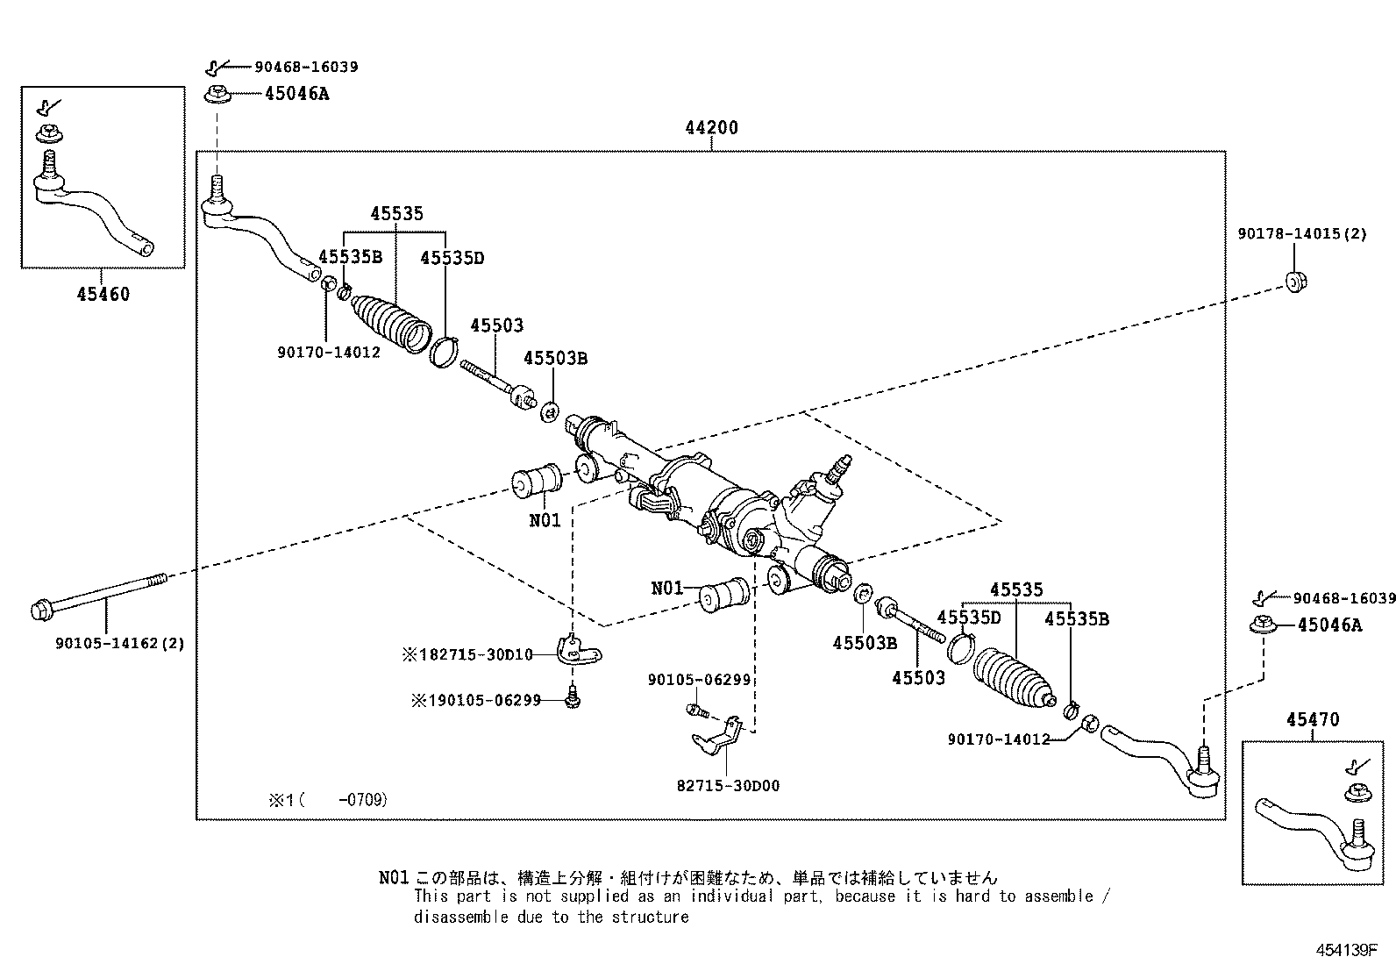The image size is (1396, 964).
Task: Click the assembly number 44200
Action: click(711, 128)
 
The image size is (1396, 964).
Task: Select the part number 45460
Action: click(103, 294)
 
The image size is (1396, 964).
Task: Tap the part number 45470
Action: click(1313, 720)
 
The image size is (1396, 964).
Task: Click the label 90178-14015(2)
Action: click(1302, 235)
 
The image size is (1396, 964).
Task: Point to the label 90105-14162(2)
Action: click(120, 643)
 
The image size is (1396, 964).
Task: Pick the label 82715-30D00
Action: click(728, 786)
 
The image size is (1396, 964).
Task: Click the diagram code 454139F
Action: click(1345, 951)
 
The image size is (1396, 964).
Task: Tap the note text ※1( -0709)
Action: click(328, 800)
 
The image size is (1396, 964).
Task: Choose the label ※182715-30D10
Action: click(467, 654)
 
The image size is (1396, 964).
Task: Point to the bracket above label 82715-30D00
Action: click(717, 736)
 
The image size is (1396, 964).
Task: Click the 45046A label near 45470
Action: click(1329, 625)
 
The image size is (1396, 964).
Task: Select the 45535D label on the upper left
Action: click(452, 258)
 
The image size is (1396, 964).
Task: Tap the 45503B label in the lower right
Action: click(865, 643)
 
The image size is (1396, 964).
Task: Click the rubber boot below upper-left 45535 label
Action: click(392, 321)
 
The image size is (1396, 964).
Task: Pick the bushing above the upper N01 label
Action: click(538, 479)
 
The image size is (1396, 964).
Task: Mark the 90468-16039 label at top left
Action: click(306, 67)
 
